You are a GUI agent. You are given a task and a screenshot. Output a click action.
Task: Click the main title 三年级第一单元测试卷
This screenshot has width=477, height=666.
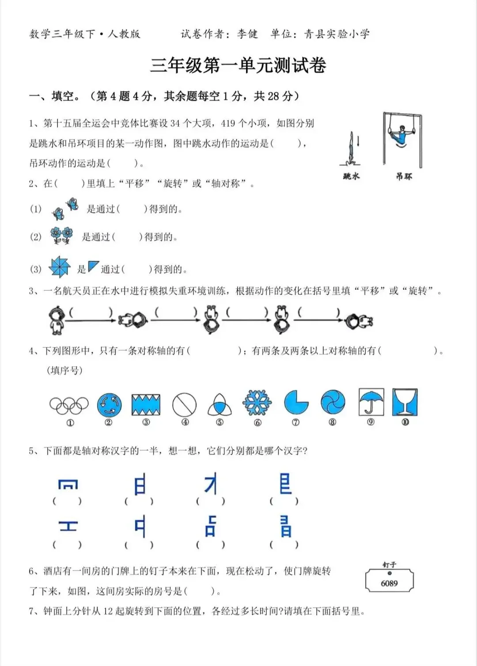click(238, 66)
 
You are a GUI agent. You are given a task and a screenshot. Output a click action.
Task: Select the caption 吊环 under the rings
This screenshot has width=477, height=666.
click(404, 176)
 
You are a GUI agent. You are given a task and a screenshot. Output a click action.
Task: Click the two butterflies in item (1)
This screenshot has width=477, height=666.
click(65, 209)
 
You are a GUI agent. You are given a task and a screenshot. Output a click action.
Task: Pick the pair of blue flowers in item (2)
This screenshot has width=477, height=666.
click(61, 236)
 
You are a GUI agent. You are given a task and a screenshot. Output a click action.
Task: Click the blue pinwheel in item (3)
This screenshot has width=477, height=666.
click(59, 267)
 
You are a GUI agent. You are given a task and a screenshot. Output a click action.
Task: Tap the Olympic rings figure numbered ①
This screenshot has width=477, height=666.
click(69, 405)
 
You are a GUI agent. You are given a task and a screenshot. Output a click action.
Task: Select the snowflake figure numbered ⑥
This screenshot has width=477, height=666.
click(257, 403)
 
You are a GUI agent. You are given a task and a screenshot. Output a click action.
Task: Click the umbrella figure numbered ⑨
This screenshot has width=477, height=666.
click(371, 402)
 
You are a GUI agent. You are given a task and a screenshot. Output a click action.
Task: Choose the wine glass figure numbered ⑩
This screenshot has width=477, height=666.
click(405, 402)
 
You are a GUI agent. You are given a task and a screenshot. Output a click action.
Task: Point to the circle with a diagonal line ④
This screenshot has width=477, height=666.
click(184, 404)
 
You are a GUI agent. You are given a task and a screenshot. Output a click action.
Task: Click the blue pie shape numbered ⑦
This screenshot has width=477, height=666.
click(296, 403)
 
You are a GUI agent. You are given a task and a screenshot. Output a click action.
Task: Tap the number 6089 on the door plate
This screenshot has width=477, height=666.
click(389, 583)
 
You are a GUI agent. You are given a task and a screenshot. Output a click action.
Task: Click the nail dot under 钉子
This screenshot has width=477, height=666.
click(389, 573)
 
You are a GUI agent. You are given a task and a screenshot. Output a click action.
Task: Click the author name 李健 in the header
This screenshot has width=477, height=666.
click(247, 34)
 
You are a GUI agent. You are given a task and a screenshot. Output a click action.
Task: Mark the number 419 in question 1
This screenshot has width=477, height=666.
click(228, 123)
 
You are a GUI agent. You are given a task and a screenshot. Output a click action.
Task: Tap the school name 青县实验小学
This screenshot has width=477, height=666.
click(337, 34)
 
